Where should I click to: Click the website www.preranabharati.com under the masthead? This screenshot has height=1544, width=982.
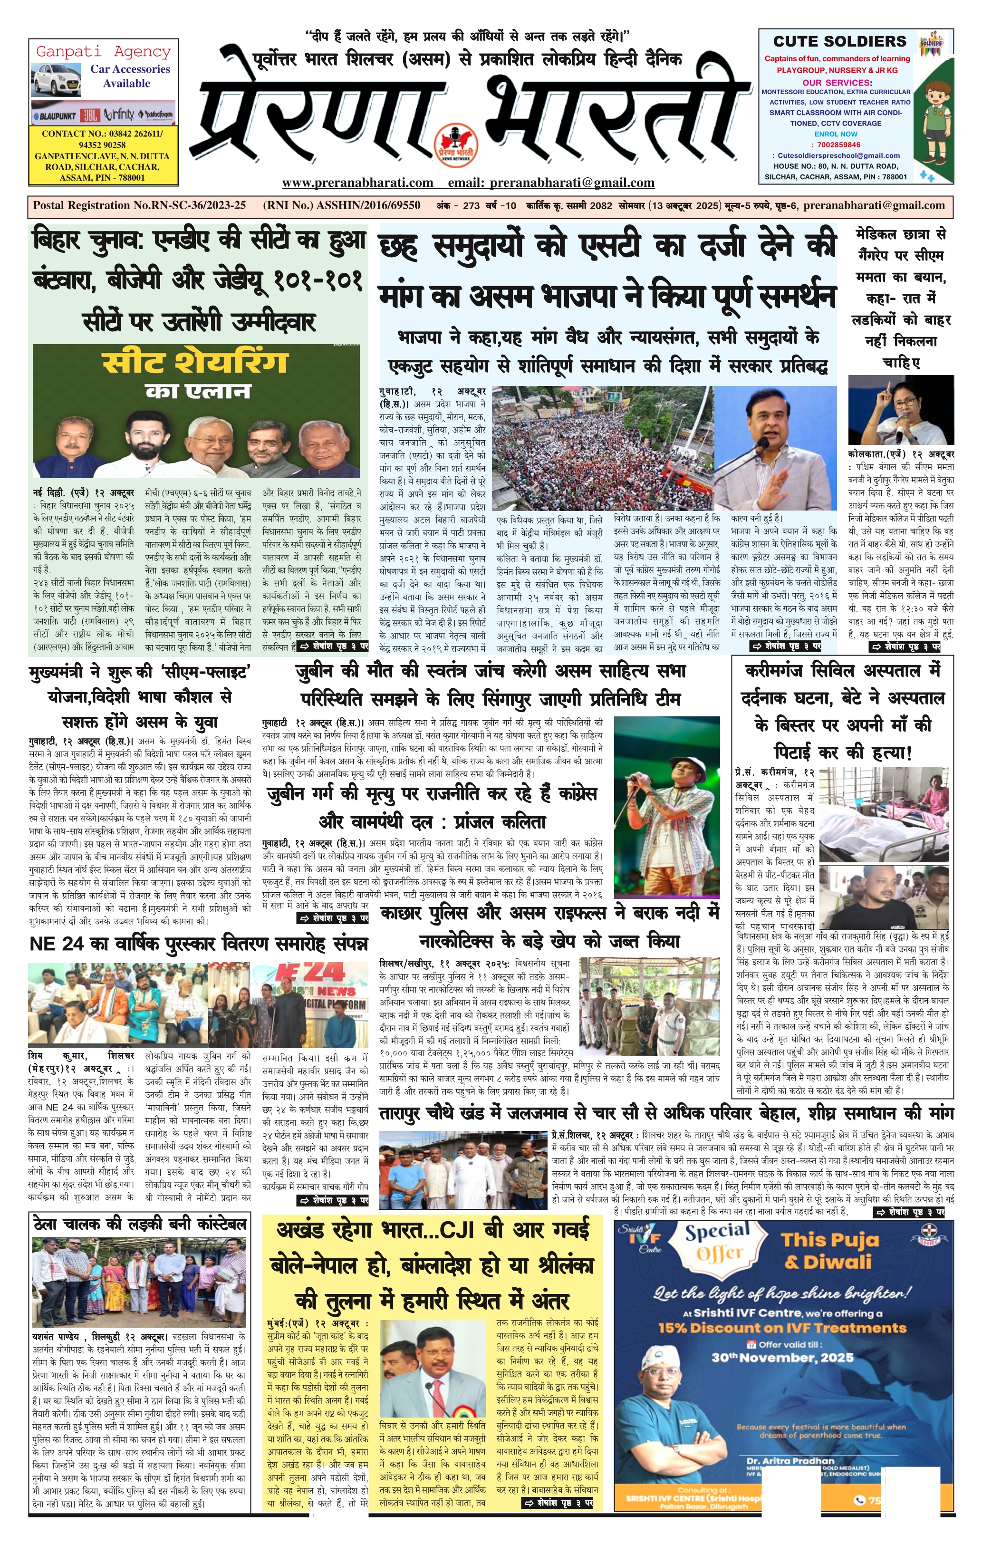(x=357, y=183)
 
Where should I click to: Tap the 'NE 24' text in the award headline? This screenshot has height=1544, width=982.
(x=53, y=945)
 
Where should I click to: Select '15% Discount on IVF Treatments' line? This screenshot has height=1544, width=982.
(x=776, y=1327)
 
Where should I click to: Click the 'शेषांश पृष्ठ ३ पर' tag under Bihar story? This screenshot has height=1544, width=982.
(x=333, y=647)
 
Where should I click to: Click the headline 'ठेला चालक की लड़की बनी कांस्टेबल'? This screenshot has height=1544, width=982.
(x=139, y=1224)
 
